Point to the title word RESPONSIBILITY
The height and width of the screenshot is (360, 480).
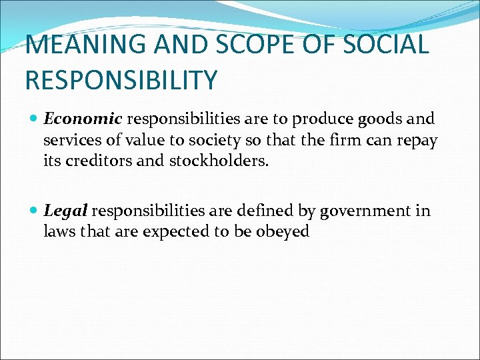point(121,80)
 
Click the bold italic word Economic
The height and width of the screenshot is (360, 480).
point(83,119)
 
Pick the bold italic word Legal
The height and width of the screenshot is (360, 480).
point(65,211)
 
